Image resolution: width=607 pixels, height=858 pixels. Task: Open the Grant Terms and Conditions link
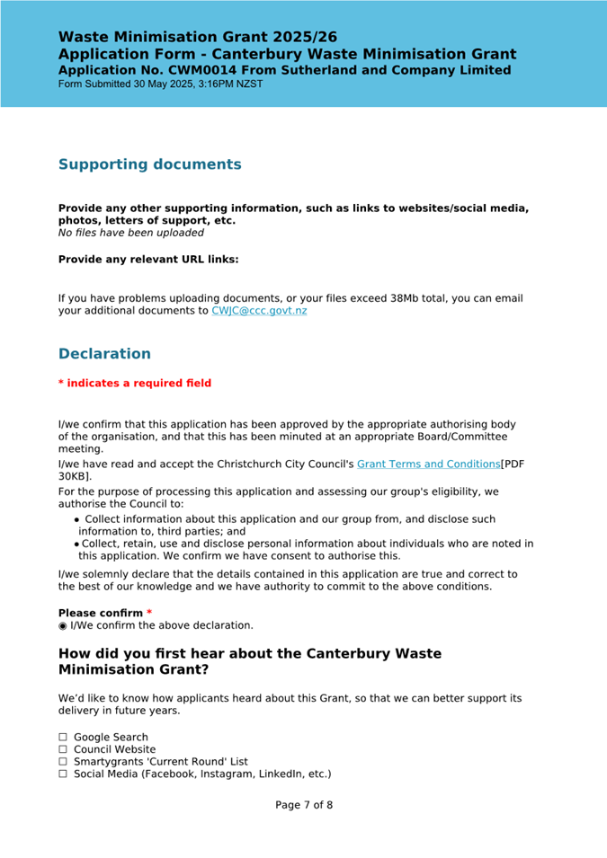coord(428,464)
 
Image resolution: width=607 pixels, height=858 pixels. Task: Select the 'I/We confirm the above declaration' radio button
coord(63,625)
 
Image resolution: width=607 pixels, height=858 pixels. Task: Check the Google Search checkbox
coord(64,738)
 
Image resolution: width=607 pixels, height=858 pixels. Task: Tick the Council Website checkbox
coord(64,749)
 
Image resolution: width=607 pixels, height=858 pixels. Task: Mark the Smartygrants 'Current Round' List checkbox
coord(64,761)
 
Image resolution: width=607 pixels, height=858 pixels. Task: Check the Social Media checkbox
coord(64,774)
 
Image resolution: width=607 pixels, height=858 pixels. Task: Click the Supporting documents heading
coord(149,164)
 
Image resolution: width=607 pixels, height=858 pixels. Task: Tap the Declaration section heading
coord(104,354)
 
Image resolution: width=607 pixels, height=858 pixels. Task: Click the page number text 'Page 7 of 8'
coord(304,805)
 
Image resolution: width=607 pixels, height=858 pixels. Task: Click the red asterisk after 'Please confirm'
coord(149,613)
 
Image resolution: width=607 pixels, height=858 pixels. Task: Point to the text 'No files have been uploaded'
coord(131,233)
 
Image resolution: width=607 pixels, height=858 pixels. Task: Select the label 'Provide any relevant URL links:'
coord(148,260)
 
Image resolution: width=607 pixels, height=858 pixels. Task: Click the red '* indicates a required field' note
coord(135,384)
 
